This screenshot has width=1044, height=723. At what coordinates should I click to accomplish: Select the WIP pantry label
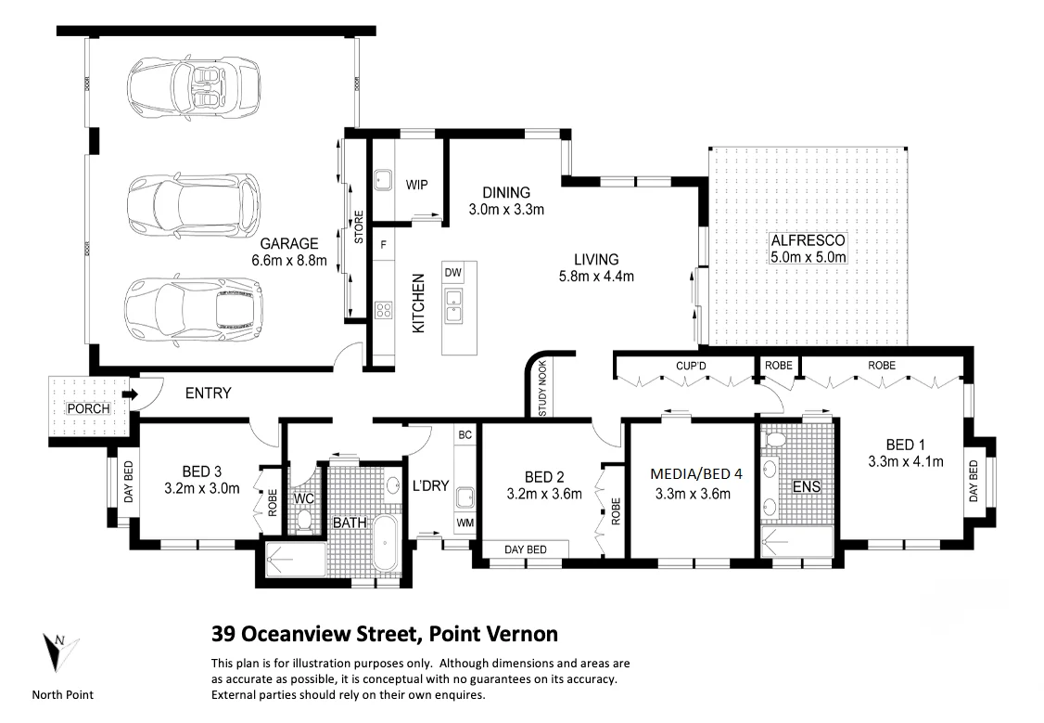point(416,185)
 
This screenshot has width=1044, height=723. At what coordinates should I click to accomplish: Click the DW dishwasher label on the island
point(452,272)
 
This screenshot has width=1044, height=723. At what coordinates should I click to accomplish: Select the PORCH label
point(89,408)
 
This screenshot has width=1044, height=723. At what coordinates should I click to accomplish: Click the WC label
point(303,499)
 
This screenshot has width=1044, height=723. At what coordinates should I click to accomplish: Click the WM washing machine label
point(464,524)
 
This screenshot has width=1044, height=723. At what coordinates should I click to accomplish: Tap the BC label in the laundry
point(465,434)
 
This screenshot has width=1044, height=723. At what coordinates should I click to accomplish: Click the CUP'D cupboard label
point(691,366)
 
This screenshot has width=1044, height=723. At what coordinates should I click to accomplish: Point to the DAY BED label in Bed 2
point(525,550)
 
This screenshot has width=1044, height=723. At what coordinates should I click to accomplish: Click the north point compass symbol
point(57,652)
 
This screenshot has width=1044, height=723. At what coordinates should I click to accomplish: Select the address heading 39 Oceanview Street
point(385,635)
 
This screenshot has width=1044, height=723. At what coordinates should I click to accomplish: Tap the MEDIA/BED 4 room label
point(696,473)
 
